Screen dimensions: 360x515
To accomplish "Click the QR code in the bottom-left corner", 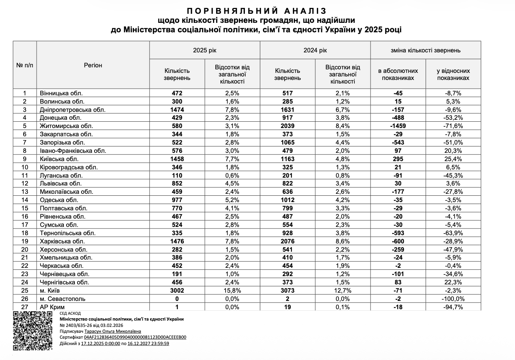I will click(x=33, y=331).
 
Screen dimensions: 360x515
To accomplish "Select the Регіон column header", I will click(x=93, y=65).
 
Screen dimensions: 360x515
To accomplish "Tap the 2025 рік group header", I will click(x=204, y=50).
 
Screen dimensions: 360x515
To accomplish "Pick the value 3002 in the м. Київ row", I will click(x=177, y=291).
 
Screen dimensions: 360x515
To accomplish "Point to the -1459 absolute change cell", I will click(x=398, y=126).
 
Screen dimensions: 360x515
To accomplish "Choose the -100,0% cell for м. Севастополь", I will click(x=453, y=299).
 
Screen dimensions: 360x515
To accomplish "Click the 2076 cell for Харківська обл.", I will click(x=287, y=241).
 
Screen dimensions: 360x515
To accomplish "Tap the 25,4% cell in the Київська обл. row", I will click(x=453, y=159).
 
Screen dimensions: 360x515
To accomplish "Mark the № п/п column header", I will click(x=25, y=65).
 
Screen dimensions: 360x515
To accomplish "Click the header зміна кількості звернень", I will click(x=425, y=50).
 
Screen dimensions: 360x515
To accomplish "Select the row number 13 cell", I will click(x=25, y=192).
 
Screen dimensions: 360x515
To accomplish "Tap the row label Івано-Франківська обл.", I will click(x=73, y=151).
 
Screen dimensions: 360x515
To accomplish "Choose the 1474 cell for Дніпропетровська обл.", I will click(x=177, y=109).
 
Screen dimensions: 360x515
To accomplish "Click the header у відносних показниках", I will click(x=453, y=74).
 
